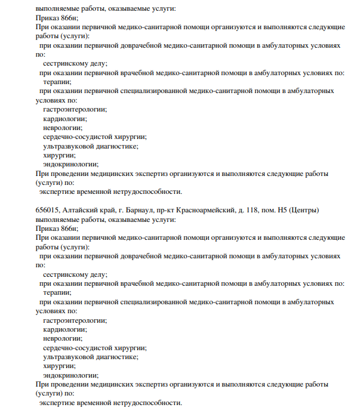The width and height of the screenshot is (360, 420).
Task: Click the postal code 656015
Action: point(48,210)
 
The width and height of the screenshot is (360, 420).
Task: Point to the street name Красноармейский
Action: point(207,210)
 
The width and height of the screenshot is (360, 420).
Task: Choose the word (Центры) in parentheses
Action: point(304,210)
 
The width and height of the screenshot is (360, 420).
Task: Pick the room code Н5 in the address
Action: point(282,210)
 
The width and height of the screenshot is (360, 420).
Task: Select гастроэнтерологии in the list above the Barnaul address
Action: point(75,109)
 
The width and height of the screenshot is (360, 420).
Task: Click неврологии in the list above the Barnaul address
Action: point(63,127)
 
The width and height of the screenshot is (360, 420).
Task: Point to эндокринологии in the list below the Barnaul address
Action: point(70,375)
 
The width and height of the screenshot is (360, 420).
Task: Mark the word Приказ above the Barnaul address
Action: point(47,18)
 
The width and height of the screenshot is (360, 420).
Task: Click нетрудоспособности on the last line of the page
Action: point(141,403)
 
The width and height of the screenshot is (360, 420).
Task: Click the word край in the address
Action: point(109,210)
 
